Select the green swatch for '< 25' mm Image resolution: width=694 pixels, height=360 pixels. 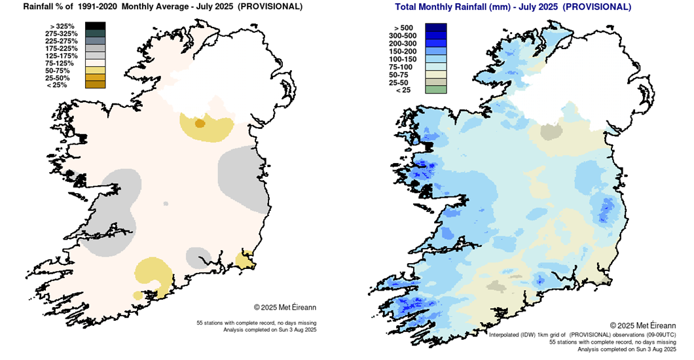(x=435, y=90)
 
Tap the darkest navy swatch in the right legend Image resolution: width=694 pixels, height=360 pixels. (x=435, y=27)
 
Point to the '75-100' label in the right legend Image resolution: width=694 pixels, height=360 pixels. (x=404, y=67)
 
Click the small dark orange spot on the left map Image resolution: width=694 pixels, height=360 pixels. (x=200, y=123)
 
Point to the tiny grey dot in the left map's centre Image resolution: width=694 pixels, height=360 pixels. (x=166, y=204)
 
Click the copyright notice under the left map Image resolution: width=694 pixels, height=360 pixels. (x=285, y=306)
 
